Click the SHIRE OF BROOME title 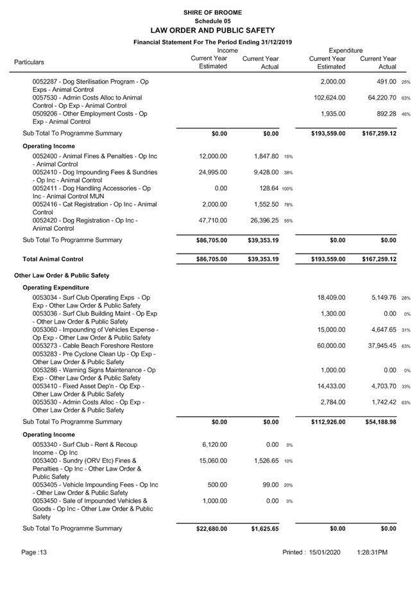[x=212, y=12]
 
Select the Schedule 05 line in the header [x=212, y=21]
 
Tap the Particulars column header [x=29, y=62]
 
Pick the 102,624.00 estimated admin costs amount [x=329, y=98]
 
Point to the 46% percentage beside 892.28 [x=406, y=114]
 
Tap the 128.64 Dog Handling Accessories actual [x=266, y=188]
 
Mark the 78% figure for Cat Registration [x=288, y=205]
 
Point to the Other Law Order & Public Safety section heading [x=62, y=275]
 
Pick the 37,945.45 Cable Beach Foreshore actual [x=381, y=346]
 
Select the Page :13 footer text [x=34, y=552]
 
